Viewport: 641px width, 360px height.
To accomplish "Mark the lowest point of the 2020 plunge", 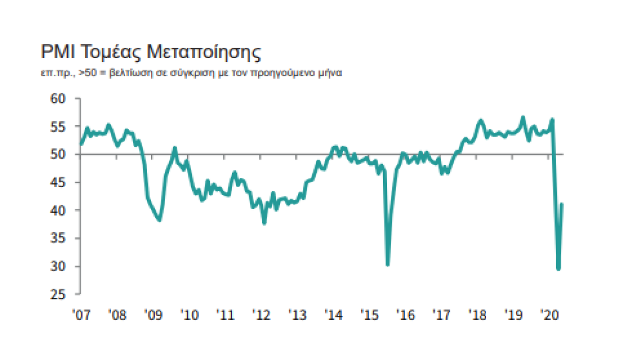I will click(x=558, y=269).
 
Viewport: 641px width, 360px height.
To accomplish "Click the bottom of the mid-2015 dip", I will click(x=387, y=265).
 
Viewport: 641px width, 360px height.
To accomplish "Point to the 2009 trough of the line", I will click(x=159, y=220).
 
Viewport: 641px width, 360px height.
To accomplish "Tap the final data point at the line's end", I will click(x=562, y=204).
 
